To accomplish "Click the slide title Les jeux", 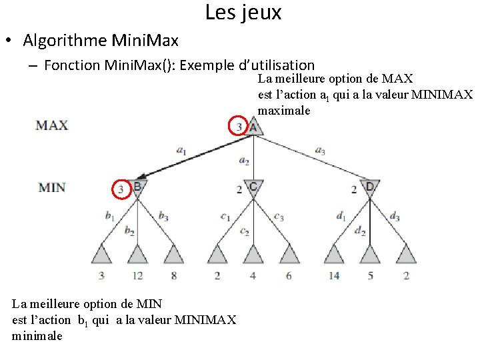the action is coord(243,13).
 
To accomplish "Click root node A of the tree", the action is coord(253,126).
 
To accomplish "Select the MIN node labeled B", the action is coord(137,188).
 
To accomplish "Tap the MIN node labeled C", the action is coord(253,188).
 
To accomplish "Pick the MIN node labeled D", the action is coord(369,188).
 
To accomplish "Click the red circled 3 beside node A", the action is coord(239,125).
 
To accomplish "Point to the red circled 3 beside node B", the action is coord(121,190).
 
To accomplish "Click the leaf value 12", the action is coord(137,275).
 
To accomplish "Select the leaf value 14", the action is coord(333,275).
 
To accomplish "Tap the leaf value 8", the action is coord(173,275).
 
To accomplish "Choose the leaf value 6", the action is coord(288,275).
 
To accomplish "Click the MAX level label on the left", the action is coord(52,125).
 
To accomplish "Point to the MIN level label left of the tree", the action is coord(52,187).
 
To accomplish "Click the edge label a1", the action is coord(181,151).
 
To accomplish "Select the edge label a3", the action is coord(319,151).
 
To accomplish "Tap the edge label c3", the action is coord(279,217).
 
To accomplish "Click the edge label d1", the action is coord(341,215).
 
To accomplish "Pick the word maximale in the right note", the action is coord(284,111).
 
